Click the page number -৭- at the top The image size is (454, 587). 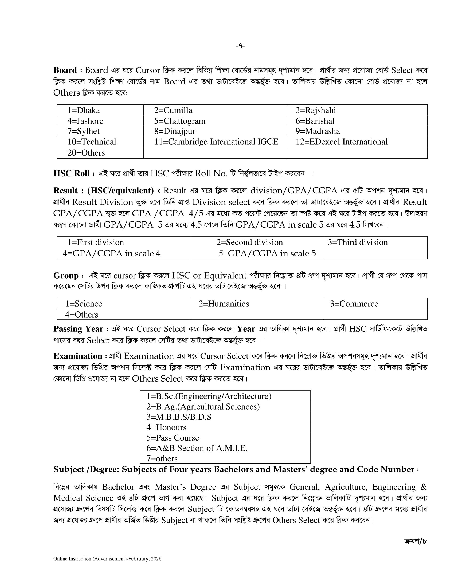click(x=240, y=46)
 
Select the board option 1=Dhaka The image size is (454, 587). click(x=84, y=110)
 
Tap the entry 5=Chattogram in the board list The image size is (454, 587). click(x=180, y=121)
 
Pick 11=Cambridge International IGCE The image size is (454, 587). click(x=216, y=142)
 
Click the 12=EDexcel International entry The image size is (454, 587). click(x=341, y=142)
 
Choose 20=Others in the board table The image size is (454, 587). click(x=86, y=153)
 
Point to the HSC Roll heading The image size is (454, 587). click(x=72, y=173)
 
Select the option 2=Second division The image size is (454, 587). click(x=250, y=242)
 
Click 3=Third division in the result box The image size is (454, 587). click(x=357, y=242)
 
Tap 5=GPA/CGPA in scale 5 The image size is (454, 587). click(x=267, y=253)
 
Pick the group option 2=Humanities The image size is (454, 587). click(x=224, y=303)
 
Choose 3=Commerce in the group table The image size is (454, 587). click(x=354, y=303)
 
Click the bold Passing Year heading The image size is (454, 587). click(x=78, y=329)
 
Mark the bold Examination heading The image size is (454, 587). click(x=78, y=356)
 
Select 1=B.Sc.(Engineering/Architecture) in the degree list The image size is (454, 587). click(x=209, y=396)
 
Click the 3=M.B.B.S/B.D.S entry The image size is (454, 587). click(x=179, y=417)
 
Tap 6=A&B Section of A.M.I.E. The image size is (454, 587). click(x=197, y=448)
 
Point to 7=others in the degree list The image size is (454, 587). click(x=162, y=458)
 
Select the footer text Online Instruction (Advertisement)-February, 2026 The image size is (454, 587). click(x=107, y=559)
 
